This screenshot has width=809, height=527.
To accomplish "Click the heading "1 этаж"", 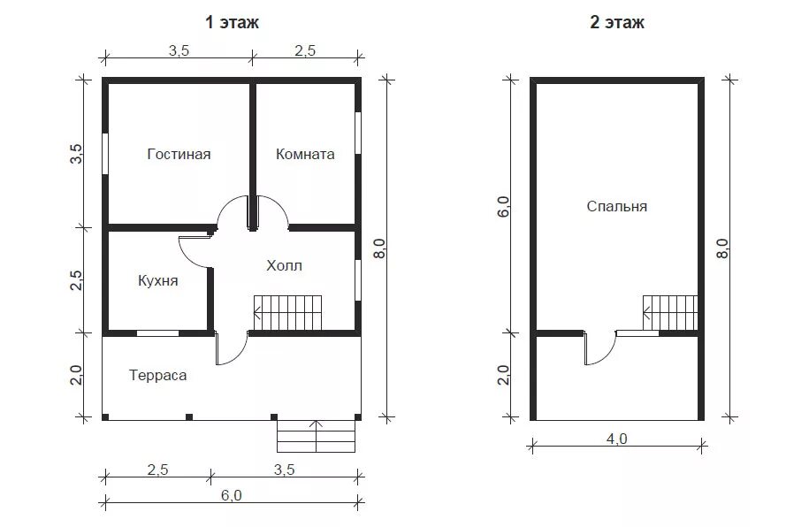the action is click(232, 23).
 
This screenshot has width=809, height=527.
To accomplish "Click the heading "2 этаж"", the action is click(617, 23).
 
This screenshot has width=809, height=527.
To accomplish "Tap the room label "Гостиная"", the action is click(179, 155).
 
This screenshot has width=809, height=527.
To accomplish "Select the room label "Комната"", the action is click(305, 155).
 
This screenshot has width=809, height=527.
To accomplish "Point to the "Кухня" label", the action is click(158, 281).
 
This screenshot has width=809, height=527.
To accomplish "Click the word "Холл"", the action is click(285, 266).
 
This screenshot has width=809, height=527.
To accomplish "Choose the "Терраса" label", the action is click(158, 375).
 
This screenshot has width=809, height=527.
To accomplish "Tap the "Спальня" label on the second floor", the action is click(616, 206).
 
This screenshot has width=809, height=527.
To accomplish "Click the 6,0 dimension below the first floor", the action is click(231, 495).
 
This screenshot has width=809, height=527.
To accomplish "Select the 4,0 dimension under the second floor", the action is click(616, 439).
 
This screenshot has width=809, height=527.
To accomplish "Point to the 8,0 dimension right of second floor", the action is click(723, 248).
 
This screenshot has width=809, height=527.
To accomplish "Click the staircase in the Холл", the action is click(287, 313).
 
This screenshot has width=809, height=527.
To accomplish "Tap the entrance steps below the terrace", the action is click(317, 436).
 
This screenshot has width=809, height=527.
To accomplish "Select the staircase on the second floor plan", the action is click(670, 313).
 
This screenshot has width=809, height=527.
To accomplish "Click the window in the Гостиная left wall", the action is click(104, 154).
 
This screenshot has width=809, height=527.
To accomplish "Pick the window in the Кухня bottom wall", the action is click(158, 333).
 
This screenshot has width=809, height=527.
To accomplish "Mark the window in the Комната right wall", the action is click(358, 133).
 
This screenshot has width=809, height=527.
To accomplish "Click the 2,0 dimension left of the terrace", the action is click(76, 375).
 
